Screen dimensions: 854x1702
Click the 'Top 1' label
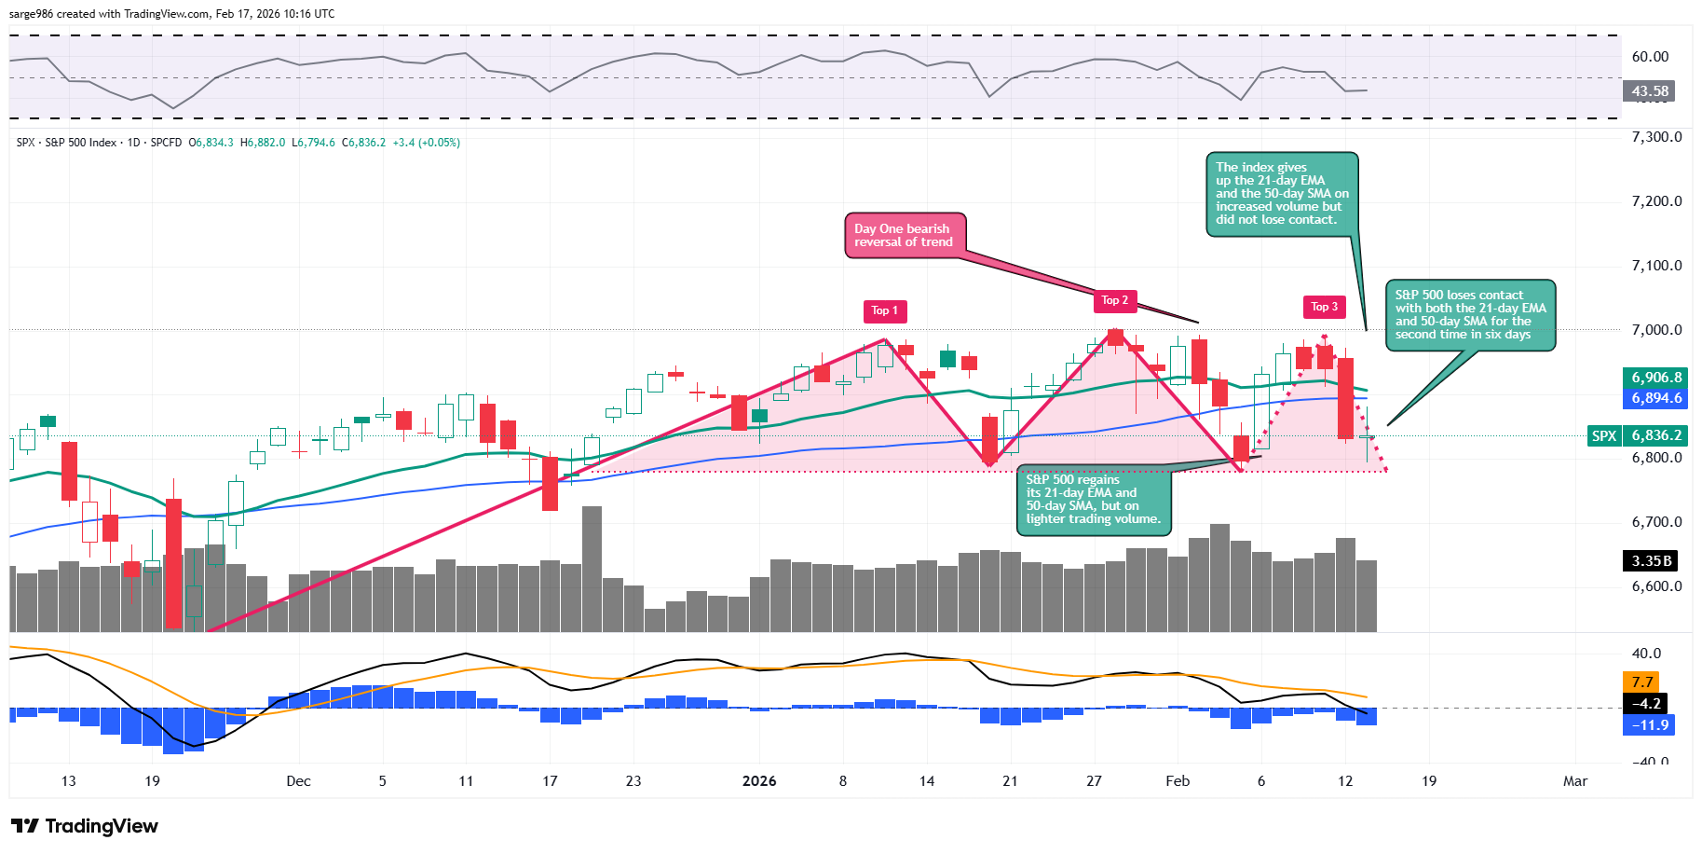tap(884, 310)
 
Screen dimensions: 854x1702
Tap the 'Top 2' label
tap(1114, 300)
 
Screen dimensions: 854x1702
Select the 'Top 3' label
tap(1324, 307)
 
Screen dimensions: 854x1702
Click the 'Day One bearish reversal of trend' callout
tap(904, 235)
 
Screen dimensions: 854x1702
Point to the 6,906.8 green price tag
tap(1655, 378)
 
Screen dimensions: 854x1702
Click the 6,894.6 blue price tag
tap(1655, 398)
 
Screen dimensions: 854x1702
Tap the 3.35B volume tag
tap(1651, 560)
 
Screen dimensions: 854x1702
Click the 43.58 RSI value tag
tap(1649, 91)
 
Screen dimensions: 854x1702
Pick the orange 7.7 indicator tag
tap(1641, 682)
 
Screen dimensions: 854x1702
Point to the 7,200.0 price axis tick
tap(1656, 201)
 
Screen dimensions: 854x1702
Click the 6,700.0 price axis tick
tap(1656, 522)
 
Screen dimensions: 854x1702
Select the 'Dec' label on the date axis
tap(298, 781)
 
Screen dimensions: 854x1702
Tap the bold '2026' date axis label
tap(759, 781)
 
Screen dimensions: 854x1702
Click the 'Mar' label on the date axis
tap(1574, 781)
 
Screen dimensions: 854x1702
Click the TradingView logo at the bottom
tap(85, 826)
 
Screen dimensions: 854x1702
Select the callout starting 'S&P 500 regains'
tap(1094, 500)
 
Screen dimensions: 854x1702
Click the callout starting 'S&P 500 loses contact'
tap(1470, 315)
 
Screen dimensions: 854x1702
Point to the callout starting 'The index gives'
tap(1282, 194)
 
